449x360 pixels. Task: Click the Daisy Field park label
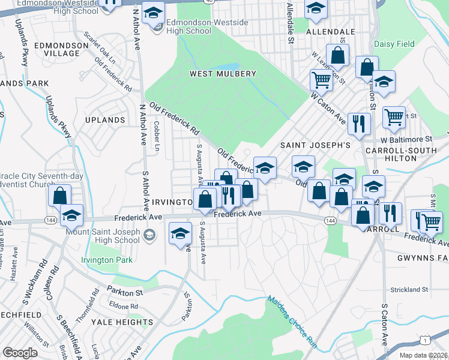pos(394,44)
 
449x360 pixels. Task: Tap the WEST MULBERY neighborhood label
pos(223,74)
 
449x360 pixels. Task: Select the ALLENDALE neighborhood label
pos(330,31)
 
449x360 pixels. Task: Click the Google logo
pos(20,352)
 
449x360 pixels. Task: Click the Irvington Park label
pos(106,260)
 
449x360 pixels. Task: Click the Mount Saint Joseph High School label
pos(103,236)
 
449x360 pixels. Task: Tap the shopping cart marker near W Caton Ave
pos(321,79)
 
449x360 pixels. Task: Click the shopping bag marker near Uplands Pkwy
pos(59,195)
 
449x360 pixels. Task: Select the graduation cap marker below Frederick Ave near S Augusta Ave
pos(179,233)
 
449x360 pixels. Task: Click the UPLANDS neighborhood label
pos(105,120)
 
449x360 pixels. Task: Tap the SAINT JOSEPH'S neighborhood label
pos(315,145)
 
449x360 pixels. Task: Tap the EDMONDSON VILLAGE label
pos(57,49)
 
